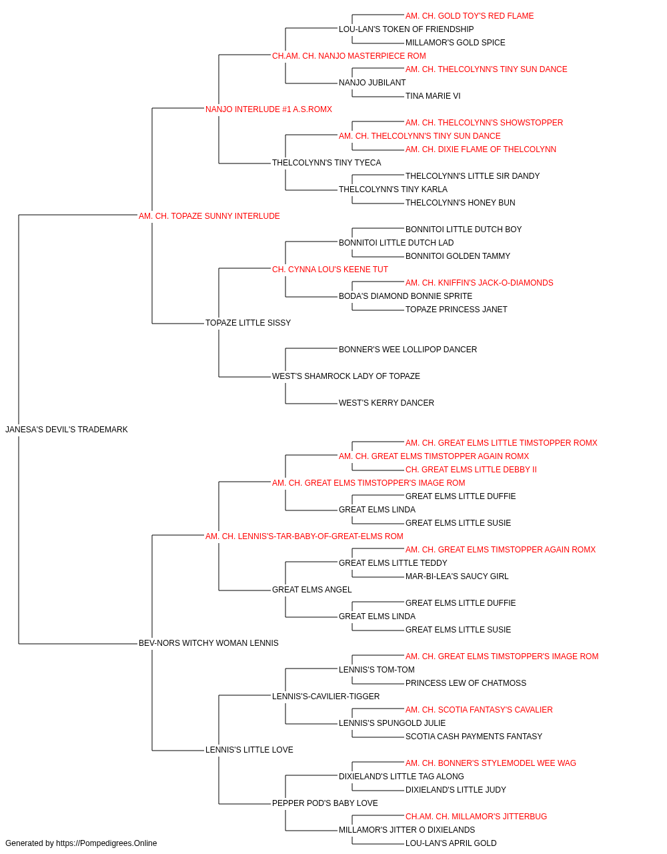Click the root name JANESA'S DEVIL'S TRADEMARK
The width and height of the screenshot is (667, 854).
tap(67, 430)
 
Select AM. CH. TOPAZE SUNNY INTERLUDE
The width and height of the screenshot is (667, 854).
tap(209, 216)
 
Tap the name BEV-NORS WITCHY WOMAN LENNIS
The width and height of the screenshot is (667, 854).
tap(208, 643)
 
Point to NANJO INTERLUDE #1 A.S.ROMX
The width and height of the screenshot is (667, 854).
tap(268, 109)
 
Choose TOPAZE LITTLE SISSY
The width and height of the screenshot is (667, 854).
tap(248, 323)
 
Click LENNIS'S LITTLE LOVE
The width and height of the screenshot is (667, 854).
tap(249, 750)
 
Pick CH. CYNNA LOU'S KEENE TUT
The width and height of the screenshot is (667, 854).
tap(330, 270)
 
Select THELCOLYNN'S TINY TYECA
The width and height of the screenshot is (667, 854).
tap(326, 163)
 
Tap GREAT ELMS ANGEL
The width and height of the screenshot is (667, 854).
tap(311, 590)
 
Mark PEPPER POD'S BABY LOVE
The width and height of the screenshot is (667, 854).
tap(325, 803)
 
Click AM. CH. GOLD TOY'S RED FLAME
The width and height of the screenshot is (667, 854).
tap(470, 16)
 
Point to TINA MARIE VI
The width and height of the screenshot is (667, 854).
tap(432, 96)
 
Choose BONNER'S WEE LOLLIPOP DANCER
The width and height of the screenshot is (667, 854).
tap(408, 350)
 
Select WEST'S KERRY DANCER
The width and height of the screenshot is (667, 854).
tap(386, 403)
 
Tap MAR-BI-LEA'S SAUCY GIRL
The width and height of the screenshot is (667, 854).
tap(457, 576)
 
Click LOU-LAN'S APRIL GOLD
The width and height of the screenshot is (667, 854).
tap(451, 843)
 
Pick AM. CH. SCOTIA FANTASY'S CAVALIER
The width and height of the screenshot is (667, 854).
tap(479, 710)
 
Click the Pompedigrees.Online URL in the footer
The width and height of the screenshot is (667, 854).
tap(107, 843)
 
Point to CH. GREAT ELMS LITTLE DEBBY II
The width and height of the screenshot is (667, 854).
tap(471, 470)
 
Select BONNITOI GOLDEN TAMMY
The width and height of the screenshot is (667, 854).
tap(458, 256)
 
